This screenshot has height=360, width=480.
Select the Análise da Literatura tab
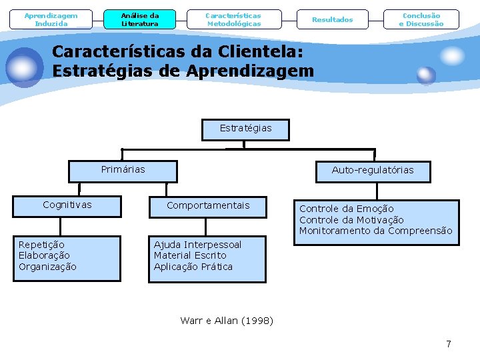(140, 19)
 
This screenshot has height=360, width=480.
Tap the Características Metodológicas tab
(233, 19)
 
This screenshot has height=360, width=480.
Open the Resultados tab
(333, 19)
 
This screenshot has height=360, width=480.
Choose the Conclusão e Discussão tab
(421, 19)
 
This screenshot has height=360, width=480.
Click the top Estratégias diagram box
(246, 129)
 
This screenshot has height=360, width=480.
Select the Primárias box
(123, 171)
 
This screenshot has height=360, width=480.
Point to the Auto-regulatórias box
(373, 171)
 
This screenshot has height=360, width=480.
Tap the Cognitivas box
(67, 205)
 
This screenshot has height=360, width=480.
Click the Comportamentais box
(208, 205)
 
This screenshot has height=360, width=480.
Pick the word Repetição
(41, 245)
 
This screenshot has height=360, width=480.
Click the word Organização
(47, 267)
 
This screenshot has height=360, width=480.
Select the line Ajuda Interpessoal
(197, 245)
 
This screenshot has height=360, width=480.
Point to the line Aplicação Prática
(193, 267)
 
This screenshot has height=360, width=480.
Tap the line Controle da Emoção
(347, 209)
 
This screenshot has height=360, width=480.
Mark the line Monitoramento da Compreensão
(375, 231)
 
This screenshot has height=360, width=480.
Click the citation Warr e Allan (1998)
(227, 321)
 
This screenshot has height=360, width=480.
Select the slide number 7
(449, 344)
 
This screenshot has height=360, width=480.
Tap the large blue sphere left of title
(24, 67)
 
